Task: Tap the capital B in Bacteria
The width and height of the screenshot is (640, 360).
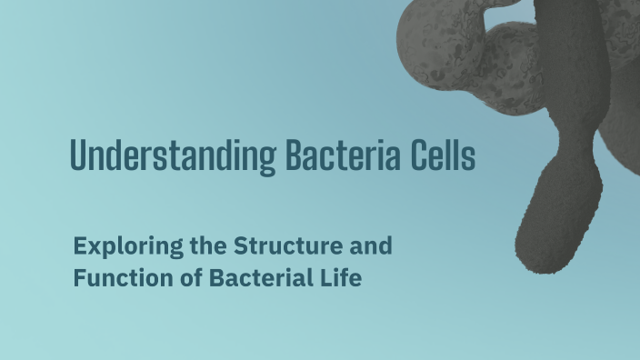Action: (292, 156)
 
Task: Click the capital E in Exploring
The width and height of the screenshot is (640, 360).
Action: (79, 245)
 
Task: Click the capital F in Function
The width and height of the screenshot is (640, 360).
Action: (79, 277)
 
